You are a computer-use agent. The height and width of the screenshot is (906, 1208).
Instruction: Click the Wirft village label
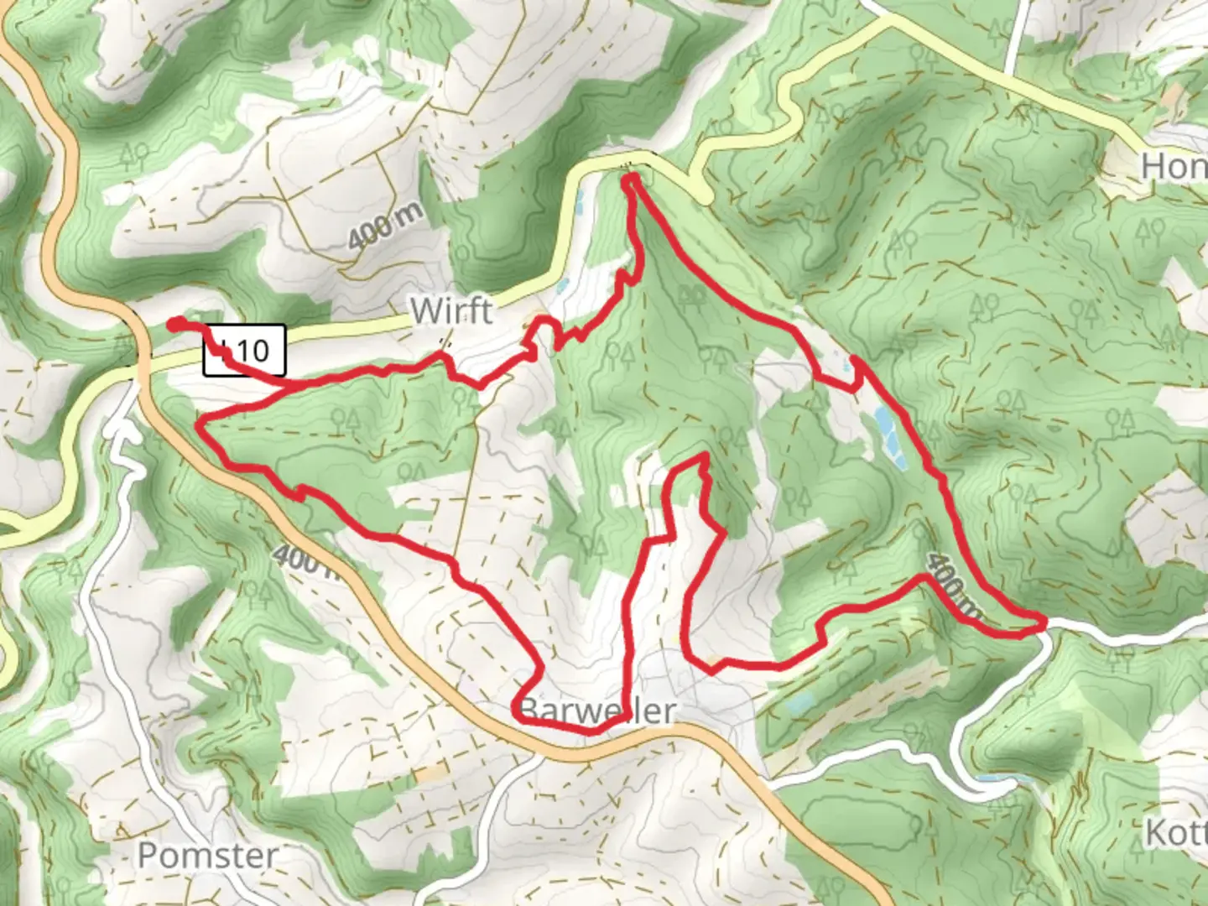(451, 311)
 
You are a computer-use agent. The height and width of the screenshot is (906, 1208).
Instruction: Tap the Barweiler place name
(597, 711)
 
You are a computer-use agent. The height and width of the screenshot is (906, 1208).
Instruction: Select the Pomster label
(207, 856)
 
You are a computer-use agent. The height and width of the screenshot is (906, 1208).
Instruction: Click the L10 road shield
(245, 350)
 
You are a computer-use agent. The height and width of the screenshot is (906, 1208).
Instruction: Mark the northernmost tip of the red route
(632, 178)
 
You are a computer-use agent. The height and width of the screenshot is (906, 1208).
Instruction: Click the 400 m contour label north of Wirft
(386, 225)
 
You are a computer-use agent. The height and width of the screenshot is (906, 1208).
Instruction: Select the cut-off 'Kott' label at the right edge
(1176, 834)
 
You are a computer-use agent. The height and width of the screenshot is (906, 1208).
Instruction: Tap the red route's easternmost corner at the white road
(1044, 622)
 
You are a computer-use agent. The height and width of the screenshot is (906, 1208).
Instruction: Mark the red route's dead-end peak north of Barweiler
(703, 458)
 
